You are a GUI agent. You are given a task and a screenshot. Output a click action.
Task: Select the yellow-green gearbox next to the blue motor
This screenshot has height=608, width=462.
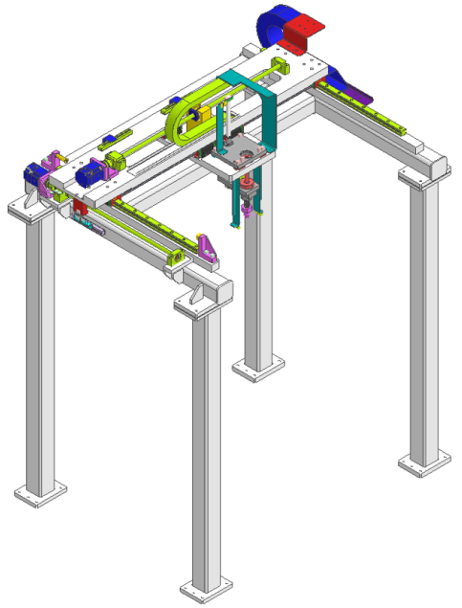click(x=113, y=160)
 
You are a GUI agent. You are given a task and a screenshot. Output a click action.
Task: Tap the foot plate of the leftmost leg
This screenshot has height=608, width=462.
click(x=41, y=494)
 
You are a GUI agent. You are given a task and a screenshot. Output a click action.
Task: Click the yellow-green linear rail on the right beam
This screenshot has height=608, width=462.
click(x=373, y=115)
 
